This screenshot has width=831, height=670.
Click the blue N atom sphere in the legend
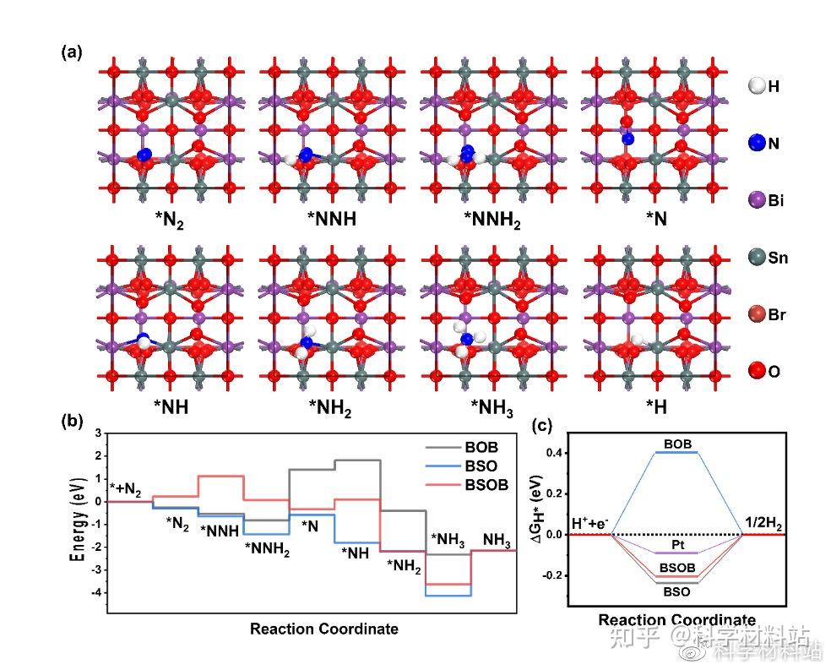[x=757, y=143]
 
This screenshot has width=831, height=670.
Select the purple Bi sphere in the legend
[x=757, y=200]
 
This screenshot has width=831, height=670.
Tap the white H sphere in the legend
[x=757, y=85]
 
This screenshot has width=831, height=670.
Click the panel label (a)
[x=71, y=52]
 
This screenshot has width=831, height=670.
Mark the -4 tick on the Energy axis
[x=98, y=593]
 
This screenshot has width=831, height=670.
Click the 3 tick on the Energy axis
[x=98, y=433]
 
